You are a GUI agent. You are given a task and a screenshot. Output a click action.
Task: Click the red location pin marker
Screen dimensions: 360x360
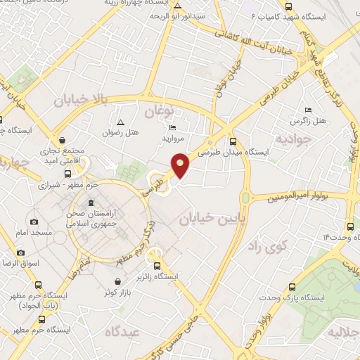[181, 166]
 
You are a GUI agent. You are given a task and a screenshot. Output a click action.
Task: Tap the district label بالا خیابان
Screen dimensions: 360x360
[82, 101]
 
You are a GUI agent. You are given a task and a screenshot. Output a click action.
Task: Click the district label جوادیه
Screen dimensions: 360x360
[291, 139]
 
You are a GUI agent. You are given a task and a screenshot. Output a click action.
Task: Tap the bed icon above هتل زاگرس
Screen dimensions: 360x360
[308, 110]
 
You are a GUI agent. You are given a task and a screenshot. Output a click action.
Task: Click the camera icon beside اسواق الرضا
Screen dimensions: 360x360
[20, 252]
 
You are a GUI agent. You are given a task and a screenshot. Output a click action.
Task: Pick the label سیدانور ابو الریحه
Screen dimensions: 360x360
[198, 14]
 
